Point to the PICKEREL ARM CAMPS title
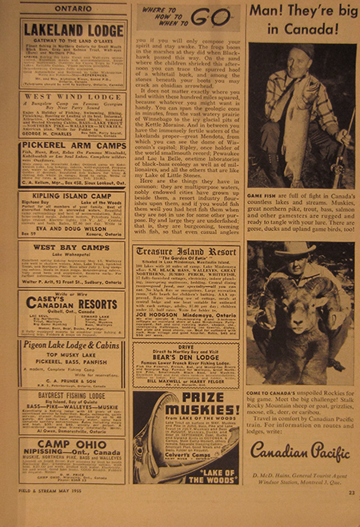pyautogui.click(x=72, y=146)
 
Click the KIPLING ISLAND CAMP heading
pyautogui.click(x=72, y=195)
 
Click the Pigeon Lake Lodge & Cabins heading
pyautogui.click(x=72, y=346)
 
